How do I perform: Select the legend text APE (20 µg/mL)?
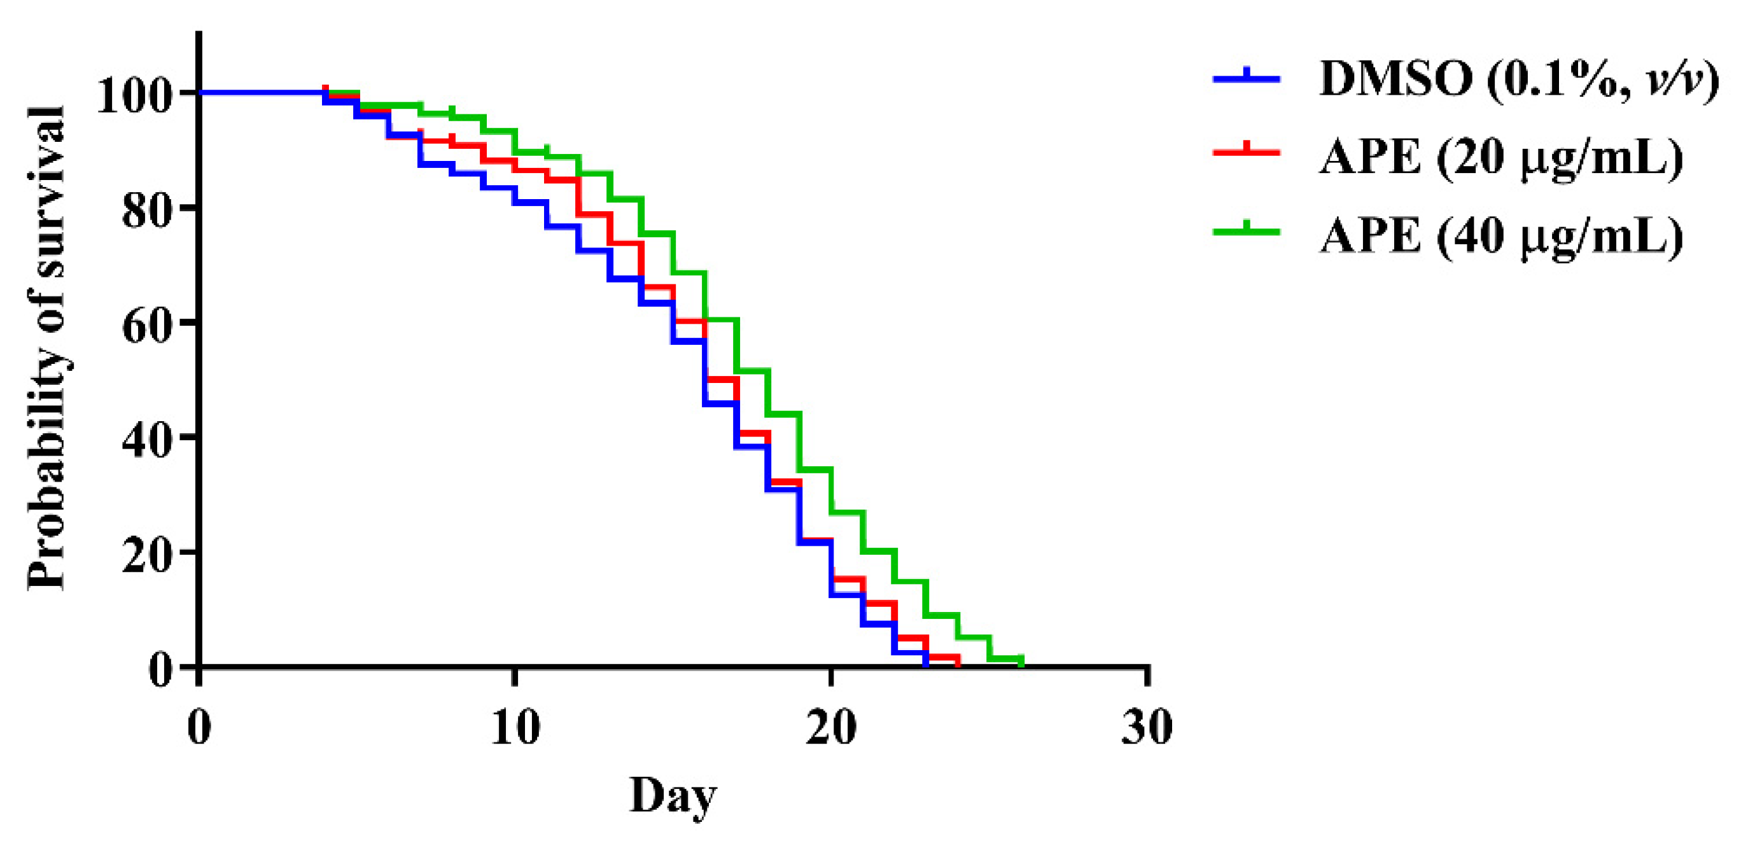[1500, 160]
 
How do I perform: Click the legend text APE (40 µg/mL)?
[1500, 238]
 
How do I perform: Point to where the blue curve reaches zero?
[925, 665]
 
